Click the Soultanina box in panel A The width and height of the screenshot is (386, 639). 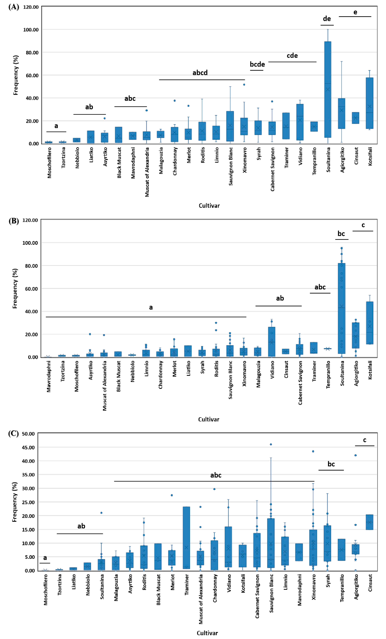[328, 90]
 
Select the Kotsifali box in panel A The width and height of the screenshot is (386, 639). [369, 103]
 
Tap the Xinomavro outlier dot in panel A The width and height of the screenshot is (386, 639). [244, 85]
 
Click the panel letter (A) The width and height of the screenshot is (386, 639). [14, 7]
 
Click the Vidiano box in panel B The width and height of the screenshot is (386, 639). [272, 342]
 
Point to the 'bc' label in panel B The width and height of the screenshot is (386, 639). [341, 234]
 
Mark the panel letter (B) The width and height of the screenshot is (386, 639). [14, 221]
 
